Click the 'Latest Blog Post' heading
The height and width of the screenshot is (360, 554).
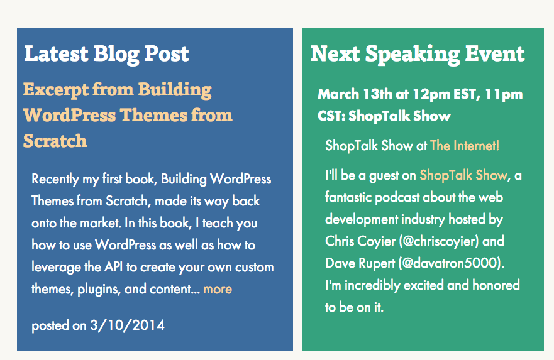click(106, 54)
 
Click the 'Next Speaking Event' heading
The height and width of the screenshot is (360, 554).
click(417, 54)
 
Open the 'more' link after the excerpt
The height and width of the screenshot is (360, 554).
click(218, 290)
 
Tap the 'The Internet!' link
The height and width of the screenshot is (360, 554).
click(465, 146)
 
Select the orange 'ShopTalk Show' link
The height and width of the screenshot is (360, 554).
click(463, 175)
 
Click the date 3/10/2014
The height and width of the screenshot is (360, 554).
click(128, 325)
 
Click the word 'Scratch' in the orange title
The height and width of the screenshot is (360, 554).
click(55, 141)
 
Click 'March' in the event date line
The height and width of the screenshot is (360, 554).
click(337, 95)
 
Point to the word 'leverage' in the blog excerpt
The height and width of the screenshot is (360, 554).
click(55, 267)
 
